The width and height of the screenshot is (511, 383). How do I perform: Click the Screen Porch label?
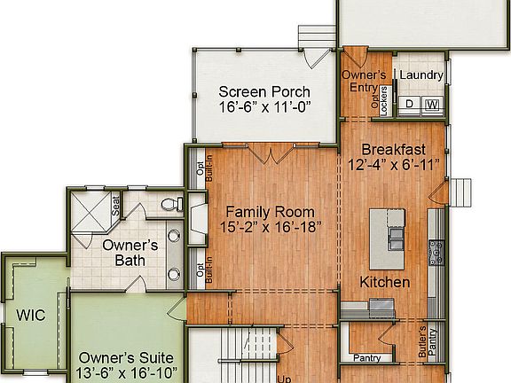tap(263, 91)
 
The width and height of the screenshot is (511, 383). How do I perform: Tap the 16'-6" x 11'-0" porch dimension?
tap(263, 109)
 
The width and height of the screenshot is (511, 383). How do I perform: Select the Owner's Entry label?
tap(365, 81)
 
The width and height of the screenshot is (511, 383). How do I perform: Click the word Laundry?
tap(421, 75)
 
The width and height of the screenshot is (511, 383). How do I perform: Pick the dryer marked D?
tap(410, 105)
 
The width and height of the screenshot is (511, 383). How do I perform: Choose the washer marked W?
tap(432, 105)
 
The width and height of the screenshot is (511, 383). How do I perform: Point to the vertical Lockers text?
tap(383, 100)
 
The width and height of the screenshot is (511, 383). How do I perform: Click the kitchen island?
tap(388, 238)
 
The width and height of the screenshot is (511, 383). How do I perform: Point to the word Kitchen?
tap(384, 282)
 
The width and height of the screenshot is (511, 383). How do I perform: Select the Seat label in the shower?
tap(115, 207)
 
